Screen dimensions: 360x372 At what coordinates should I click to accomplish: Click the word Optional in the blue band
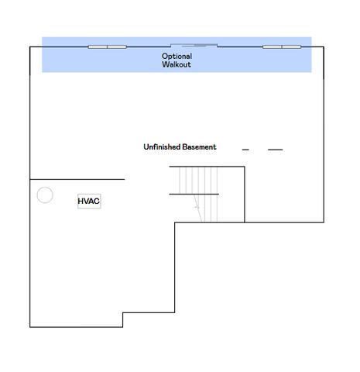click(177, 57)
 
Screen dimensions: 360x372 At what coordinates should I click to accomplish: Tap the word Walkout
click(177, 64)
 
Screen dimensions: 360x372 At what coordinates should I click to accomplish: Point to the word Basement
click(199, 146)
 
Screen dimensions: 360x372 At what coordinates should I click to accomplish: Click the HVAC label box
click(89, 201)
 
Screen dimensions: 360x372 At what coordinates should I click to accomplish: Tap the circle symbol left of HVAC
click(45, 195)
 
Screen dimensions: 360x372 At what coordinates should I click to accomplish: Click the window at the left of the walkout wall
click(108, 46)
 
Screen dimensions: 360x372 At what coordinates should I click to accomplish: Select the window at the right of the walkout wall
click(282, 46)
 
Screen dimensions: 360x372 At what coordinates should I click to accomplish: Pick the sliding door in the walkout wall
click(194, 46)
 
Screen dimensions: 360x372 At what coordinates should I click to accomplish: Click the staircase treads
click(199, 195)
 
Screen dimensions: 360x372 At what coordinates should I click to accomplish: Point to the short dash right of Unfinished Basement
click(245, 150)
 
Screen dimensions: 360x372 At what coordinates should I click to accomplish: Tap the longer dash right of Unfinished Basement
click(276, 150)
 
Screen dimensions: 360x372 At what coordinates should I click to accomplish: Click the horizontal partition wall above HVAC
click(77, 179)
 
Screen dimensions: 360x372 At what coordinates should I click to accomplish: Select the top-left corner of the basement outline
click(30, 46)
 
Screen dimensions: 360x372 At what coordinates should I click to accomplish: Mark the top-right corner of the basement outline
click(324, 46)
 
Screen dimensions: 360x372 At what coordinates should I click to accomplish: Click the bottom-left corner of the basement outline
click(30, 327)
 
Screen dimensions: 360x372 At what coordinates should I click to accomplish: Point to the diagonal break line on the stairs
click(198, 208)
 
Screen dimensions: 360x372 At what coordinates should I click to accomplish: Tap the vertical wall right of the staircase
click(245, 195)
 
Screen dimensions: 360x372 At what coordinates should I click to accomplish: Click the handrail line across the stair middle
click(194, 194)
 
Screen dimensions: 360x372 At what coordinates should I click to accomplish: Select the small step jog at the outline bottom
click(123, 320)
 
